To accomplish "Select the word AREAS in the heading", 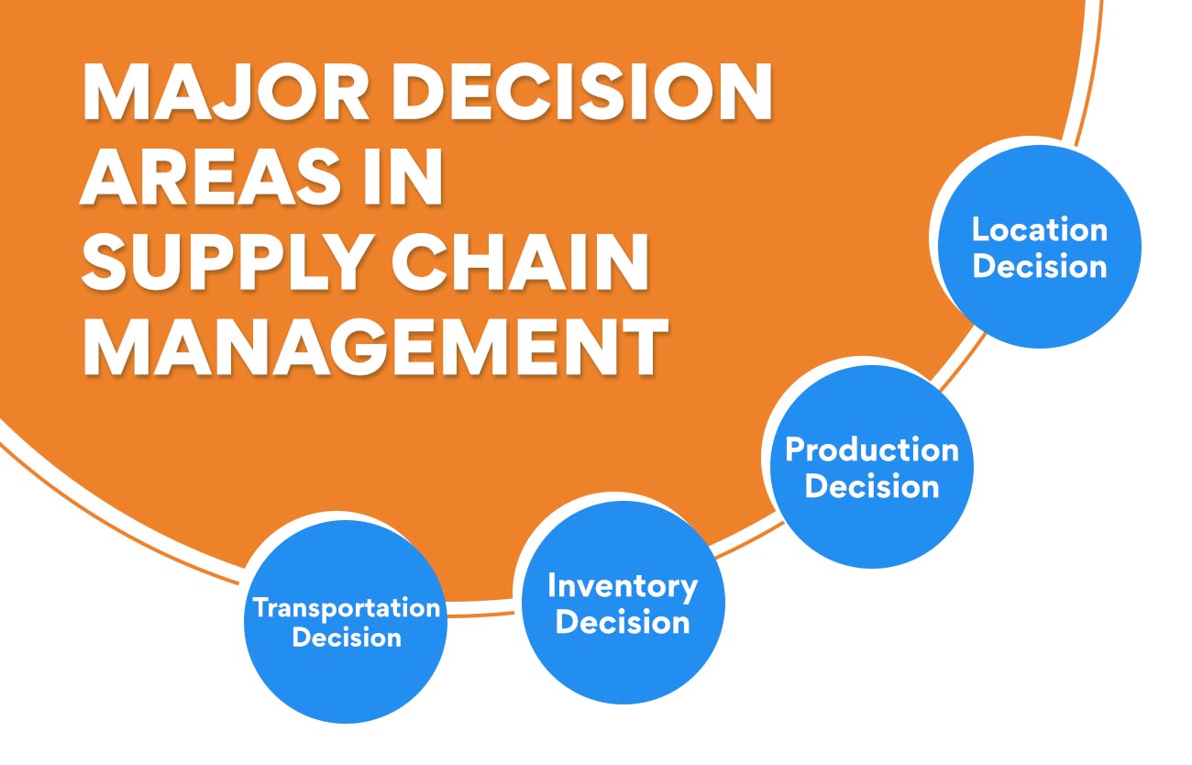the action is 210,176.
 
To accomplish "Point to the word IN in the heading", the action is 403,176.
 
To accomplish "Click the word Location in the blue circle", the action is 1039,229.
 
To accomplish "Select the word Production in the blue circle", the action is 872,450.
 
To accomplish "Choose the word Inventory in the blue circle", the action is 622,588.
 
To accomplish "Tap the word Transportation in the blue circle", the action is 347,607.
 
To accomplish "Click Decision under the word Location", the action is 1039,266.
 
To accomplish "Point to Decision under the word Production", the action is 872,486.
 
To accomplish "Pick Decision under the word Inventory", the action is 622,622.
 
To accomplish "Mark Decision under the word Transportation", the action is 347,637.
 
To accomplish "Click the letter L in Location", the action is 981,229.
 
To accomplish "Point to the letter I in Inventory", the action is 552,585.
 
